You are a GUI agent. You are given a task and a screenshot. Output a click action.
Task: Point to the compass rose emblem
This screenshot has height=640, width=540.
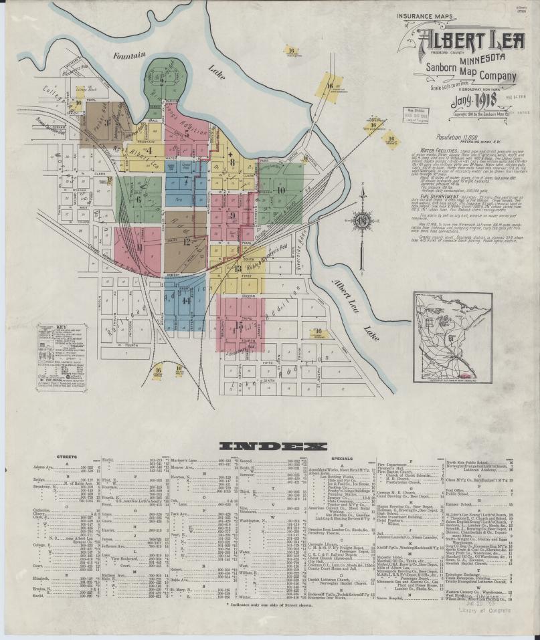click(362, 218)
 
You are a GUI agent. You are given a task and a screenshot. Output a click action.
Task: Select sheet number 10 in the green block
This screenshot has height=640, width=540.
click(281, 190)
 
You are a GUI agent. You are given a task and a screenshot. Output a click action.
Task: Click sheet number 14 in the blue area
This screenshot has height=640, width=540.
click(186, 300)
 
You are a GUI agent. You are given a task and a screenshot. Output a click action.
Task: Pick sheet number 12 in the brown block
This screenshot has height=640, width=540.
click(187, 241)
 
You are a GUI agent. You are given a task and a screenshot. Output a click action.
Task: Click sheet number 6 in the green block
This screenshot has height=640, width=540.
click(139, 198)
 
